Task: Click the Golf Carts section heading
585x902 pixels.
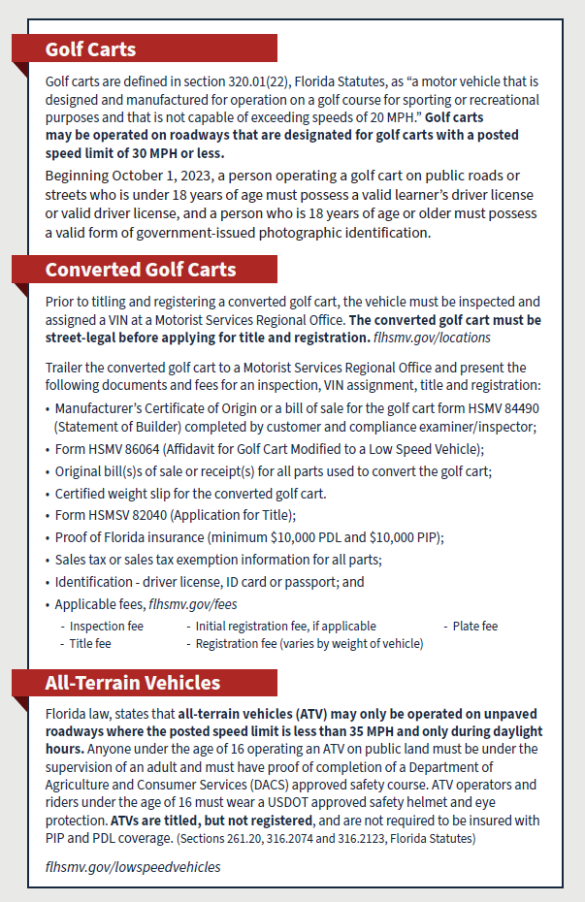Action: pos(90,49)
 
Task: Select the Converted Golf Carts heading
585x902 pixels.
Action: pos(140,270)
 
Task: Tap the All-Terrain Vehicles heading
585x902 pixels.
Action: pos(132,683)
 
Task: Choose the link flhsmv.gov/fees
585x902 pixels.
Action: pos(192,604)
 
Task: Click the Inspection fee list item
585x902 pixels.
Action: pos(106,627)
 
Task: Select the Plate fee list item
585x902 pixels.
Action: pos(475,627)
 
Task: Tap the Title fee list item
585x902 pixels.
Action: pos(89,643)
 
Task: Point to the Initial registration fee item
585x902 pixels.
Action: pos(286,627)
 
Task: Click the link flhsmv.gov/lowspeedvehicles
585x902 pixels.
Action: pos(133,866)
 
